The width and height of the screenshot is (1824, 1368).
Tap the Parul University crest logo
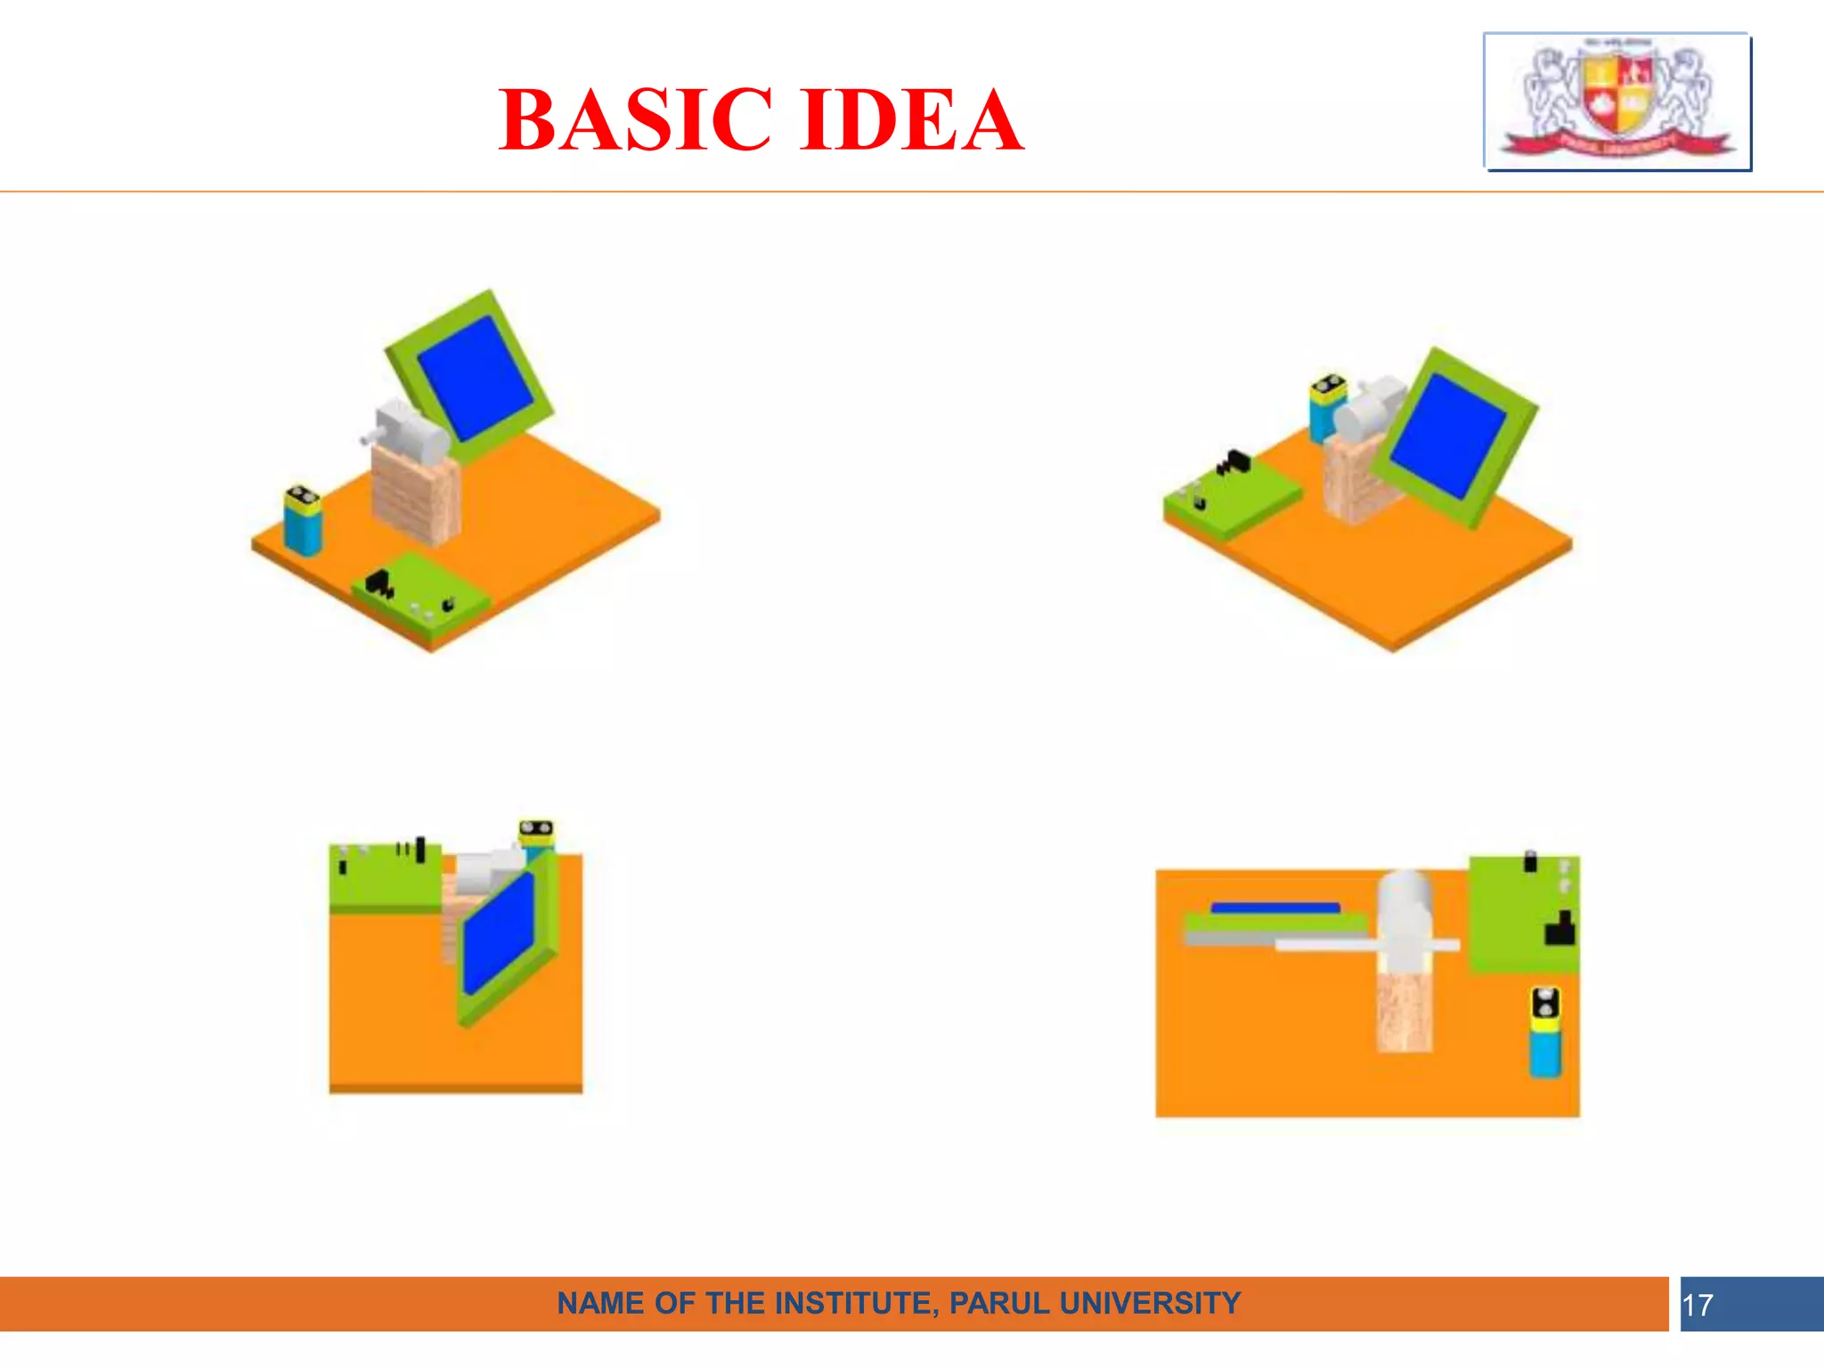pyautogui.click(x=1617, y=101)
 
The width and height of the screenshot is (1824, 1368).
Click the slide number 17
pyautogui.click(x=1698, y=1306)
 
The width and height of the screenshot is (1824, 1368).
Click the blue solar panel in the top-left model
pyautogui.click(x=475, y=378)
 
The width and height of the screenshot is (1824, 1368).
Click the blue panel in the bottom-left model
pyautogui.click(x=499, y=934)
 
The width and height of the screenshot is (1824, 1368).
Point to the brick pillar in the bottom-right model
pyautogui.click(x=1405, y=1011)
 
